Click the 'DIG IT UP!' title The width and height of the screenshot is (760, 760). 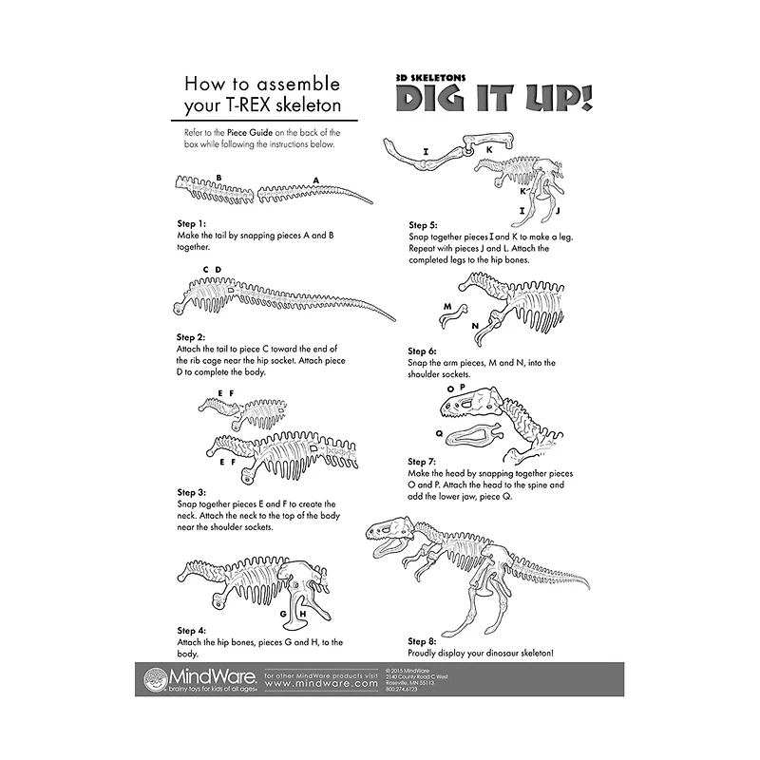tap(493, 98)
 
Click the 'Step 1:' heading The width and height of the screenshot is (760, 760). tap(191, 223)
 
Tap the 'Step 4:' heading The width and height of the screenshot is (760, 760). tap(191, 631)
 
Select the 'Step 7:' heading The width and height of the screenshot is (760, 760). tap(423, 462)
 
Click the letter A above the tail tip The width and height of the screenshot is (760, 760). tap(315, 179)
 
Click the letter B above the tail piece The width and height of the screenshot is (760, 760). tap(218, 177)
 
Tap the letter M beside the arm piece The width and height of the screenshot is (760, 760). tap(446, 307)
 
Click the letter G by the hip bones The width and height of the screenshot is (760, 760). tap(283, 613)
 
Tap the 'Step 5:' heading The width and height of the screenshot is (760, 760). tap(423, 225)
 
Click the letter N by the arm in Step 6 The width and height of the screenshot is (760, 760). tap(475, 326)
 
